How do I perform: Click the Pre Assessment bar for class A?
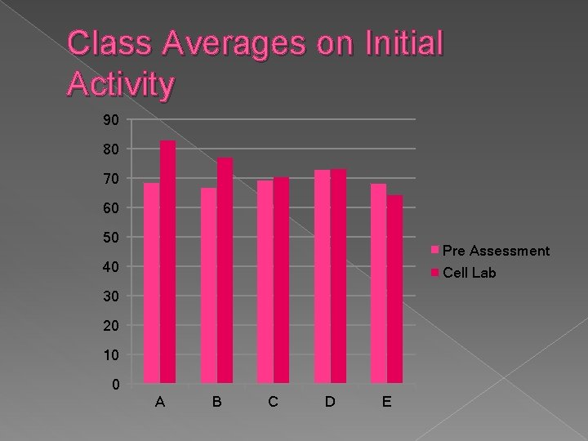(151, 283)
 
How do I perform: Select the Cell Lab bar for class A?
(167, 261)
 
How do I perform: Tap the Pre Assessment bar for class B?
(208, 285)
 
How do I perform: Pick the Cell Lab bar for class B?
(225, 270)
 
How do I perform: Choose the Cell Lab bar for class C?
(281, 280)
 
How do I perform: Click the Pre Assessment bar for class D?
(322, 277)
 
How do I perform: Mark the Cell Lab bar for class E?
(394, 289)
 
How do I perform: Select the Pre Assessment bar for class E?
(378, 283)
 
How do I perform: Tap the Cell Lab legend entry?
(469, 273)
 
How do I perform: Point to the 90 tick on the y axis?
(111, 120)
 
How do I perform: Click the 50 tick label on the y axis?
(111, 238)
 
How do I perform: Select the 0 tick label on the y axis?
(115, 384)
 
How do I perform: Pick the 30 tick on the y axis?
(111, 296)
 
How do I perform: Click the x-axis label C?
(273, 402)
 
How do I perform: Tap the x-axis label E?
(386, 402)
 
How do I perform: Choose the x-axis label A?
(159, 402)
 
